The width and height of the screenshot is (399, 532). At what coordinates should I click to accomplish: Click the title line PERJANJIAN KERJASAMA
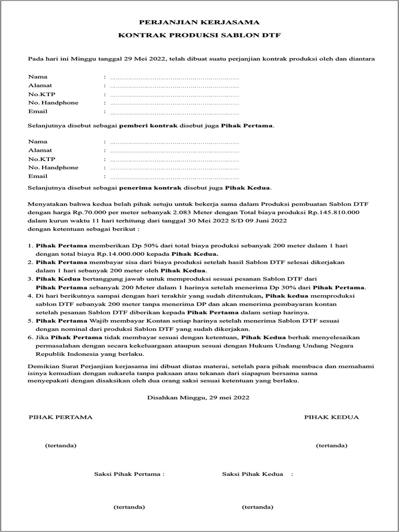coord(199,23)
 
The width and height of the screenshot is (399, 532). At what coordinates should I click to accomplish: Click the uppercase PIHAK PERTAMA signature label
coord(60,417)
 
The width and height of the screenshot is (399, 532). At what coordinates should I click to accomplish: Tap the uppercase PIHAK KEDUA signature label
coord(331,417)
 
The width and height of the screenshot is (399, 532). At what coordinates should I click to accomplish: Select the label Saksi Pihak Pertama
coord(128,474)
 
